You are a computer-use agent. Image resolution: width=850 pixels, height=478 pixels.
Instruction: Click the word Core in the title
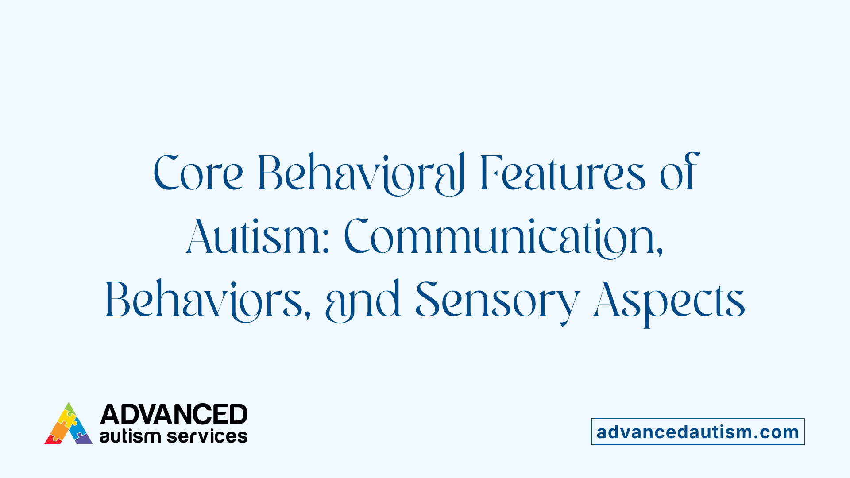click(x=198, y=173)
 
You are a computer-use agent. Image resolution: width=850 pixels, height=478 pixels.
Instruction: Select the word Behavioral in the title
click(x=361, y=173)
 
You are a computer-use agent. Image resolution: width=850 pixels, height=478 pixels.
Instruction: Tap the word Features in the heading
click(x=562, y=173)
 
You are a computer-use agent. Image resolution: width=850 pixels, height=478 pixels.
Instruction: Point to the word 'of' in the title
click(x=679, y=173)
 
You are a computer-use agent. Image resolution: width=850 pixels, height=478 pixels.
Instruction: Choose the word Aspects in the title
click(x=669, y=300)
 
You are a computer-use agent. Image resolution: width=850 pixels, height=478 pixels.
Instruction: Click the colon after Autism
click(x=326, y=243)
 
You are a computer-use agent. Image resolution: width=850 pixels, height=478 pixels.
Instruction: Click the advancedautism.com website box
click(x=698, y=432)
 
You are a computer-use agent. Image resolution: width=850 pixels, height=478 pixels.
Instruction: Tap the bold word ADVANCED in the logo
click(x=174, y=415)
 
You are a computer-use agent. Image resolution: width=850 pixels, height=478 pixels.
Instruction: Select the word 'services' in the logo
click(x=207, y=436)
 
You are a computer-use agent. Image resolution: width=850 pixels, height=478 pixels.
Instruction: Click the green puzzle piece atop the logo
click(x=70, y=408)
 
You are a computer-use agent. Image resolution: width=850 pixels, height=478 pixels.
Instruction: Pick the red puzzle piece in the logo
click(x=53, y=439)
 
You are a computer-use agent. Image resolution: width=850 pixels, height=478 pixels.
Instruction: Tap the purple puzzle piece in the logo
click(x=83, y=439)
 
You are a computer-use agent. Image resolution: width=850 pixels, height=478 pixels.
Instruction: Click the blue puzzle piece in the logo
click(x=78, y=427)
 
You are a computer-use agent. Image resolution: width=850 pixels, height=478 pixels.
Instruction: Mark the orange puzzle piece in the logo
click(x=59, y=428)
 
